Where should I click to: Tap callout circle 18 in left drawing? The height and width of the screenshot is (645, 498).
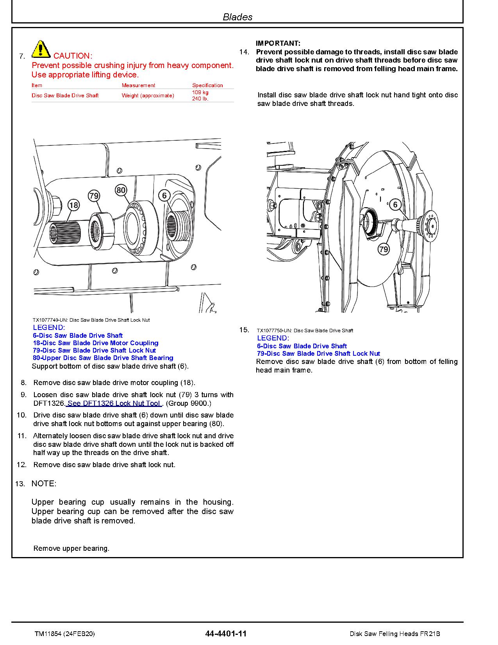pos(73,205)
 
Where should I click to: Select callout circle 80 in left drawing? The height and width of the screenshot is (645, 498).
pos(121,190)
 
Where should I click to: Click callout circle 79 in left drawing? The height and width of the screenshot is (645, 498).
pos(94,195)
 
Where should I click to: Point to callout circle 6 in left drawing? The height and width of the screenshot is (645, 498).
pos(164,195)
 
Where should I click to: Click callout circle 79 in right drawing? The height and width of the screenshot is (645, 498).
pos(384,249)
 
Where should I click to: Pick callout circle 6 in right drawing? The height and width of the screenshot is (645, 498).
pos(395,204)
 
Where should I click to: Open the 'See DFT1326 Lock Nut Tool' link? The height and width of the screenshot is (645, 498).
pos(114,403)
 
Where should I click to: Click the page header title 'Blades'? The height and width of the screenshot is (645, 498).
pos(237,17)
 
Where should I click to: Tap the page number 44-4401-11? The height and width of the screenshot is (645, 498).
pos(226,634)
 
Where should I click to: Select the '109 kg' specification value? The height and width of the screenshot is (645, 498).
pos(200,93)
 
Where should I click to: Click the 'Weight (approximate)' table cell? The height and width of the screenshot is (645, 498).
pos(148,95)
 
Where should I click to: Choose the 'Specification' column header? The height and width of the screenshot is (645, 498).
pos(207,85)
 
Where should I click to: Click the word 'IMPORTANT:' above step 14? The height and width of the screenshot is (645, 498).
pos(278,43)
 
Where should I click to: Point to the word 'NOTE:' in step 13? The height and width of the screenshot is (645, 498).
pos(44,484)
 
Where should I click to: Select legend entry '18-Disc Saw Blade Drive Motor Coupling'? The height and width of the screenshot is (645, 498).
pos(96,343)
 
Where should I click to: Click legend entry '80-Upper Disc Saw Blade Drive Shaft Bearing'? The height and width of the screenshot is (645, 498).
pos(103,358)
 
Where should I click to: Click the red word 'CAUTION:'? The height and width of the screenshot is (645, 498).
pos(73,56)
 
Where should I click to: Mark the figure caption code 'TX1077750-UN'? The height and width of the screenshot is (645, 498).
pos(273,331)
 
